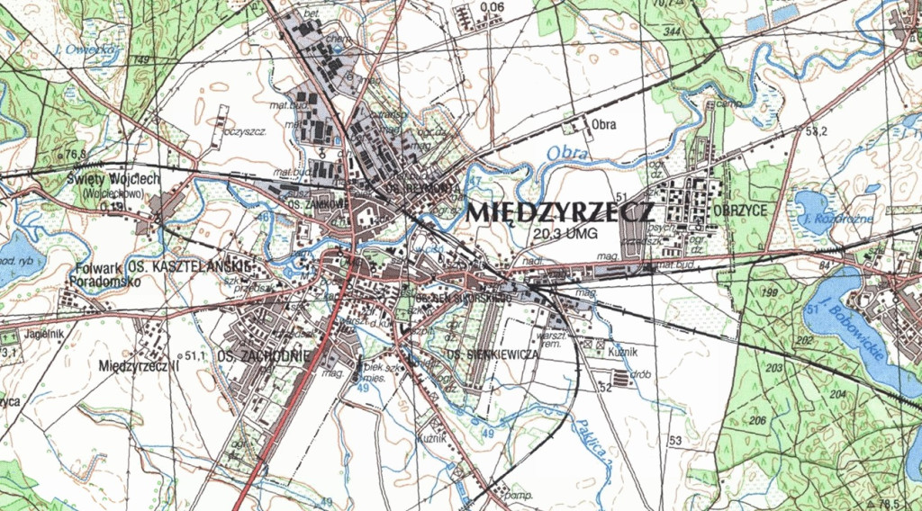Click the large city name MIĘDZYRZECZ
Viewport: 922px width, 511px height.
tap(560, 213)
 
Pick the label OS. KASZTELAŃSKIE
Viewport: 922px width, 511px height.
tap(188, 267)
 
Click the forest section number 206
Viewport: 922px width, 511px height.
tap(757, 422)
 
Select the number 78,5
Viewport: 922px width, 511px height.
tap(890, 503)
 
